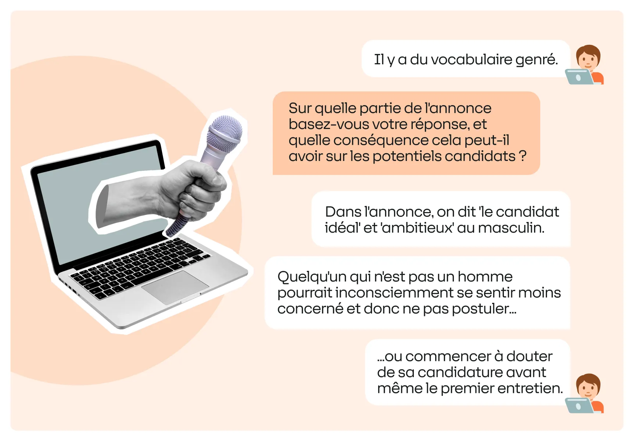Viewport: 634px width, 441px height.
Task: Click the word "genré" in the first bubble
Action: (536, 60)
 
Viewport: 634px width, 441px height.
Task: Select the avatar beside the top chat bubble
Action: (585, 65)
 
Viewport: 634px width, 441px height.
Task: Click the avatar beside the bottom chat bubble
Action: (585, 393)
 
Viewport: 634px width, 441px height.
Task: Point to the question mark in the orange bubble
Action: (523, 156)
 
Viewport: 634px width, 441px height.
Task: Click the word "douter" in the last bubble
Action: (529, 356)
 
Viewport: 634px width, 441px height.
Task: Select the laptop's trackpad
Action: (175, 287)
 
